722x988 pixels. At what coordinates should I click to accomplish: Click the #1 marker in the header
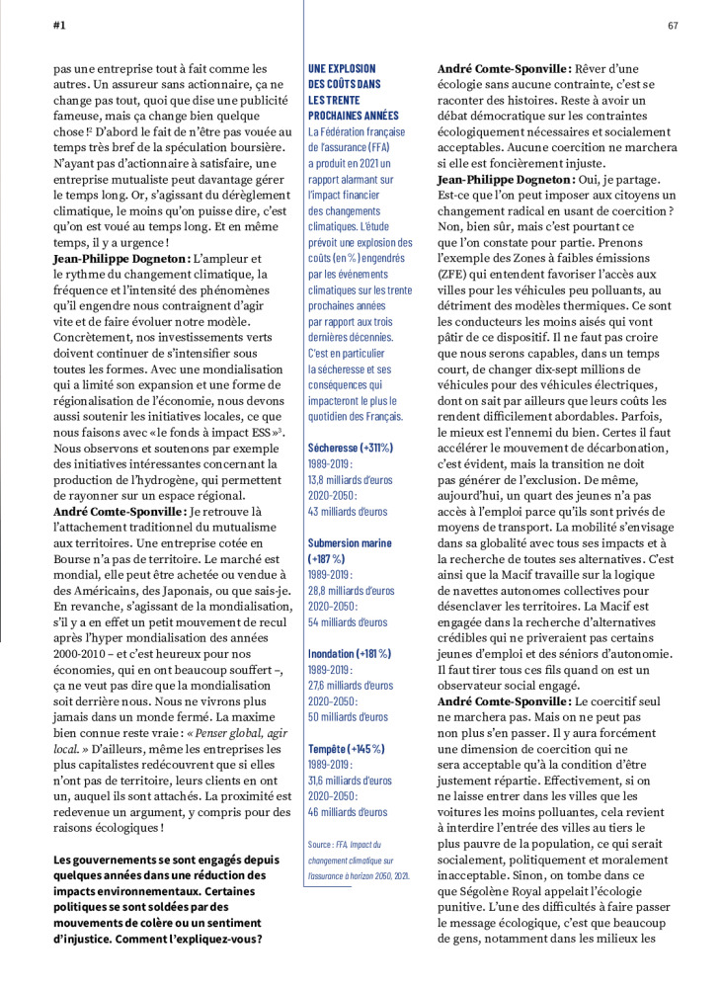tap(59, 25)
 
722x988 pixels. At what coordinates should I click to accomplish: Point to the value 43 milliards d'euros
tap(349, 512)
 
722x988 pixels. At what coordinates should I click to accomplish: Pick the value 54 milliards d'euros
tap(349, 622)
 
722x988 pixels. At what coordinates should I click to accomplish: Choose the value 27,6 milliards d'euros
tap(351, 685)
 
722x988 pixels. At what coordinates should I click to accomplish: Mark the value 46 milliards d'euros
tap(349, 812)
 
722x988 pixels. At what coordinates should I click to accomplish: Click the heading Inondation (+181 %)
tap(350, 653)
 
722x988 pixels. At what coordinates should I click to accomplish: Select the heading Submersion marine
tap(350, 543)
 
